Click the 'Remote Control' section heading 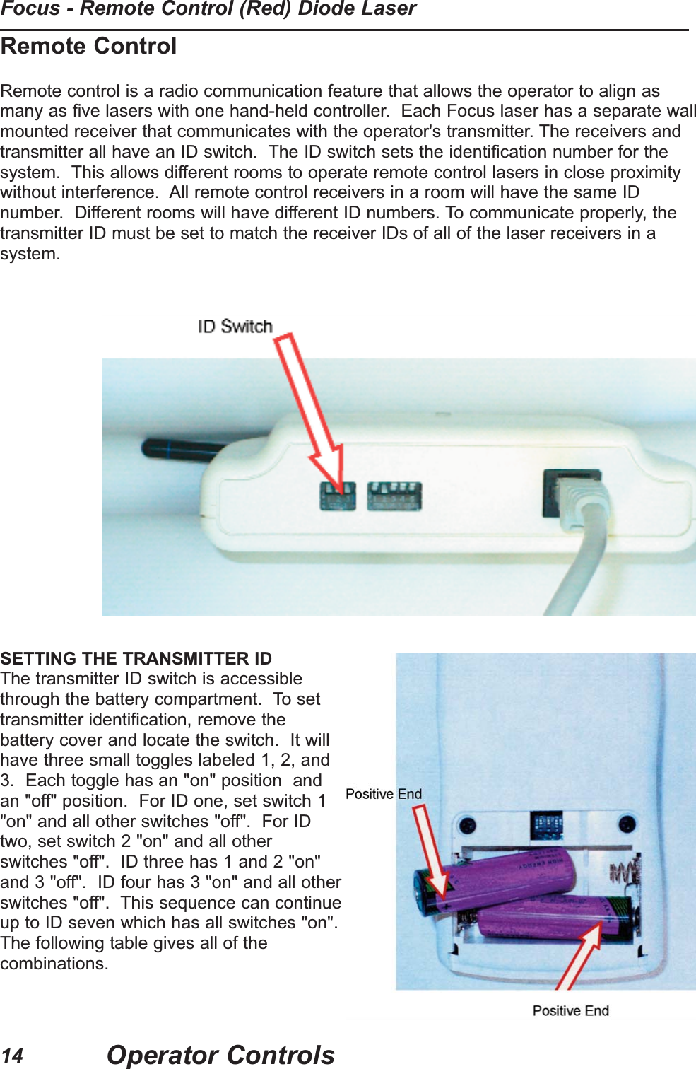pos(88,47)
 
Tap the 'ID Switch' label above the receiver pos(235,326)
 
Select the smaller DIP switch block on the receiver pos(337,496)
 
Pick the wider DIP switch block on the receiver pos(394,496)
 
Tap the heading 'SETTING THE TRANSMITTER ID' pos(136,658)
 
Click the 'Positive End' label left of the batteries pos(383,794)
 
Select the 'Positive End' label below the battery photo pos(570,1011)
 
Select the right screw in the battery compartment pos(627,824)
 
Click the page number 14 pos(12,1056)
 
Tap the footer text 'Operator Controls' pos(220,1055)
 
